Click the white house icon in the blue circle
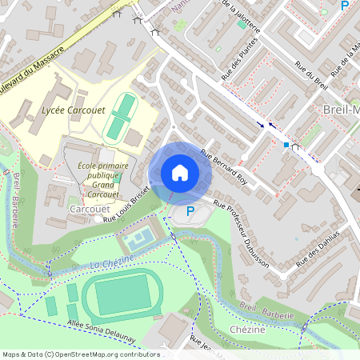pyautogui.click(x=179, y=172)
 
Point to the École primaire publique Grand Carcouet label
pyautogui.click(x=103, y=180)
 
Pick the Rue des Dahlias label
pyautogui.click(x=318, y=248)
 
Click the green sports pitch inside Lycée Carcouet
pyautogui.click(x=120, y=116)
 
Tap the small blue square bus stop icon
pyautogui.click(x=286, y=145)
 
